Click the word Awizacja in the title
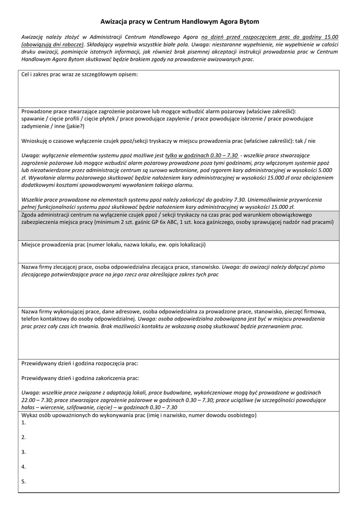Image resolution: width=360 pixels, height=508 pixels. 116,22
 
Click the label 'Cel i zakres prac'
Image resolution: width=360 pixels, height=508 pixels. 45,74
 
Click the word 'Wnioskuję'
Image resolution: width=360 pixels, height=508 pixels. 35,141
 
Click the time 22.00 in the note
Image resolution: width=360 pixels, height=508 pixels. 29,400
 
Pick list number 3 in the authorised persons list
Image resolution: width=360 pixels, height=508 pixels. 23,452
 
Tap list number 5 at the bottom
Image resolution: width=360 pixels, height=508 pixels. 23,482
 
